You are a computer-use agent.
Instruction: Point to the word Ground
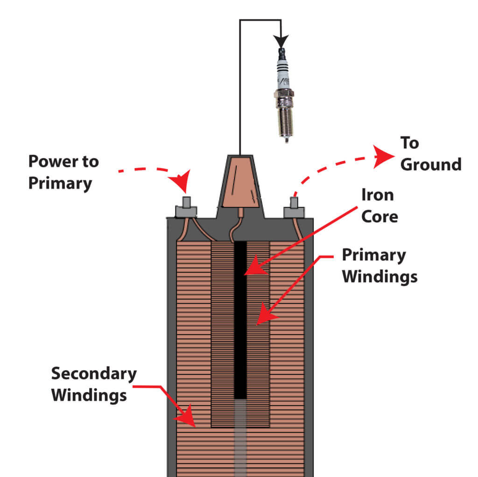pos(431,164)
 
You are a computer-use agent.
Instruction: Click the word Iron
pos(377,195)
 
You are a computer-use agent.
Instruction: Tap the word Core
pos(380,216)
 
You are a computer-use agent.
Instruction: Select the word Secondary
pos(94,374)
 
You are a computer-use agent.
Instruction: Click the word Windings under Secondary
pos(89,395)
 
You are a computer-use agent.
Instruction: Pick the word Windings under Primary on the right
pos(380,276)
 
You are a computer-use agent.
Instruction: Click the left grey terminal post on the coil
pos(186,208)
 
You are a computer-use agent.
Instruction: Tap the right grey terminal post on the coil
pos(294,208)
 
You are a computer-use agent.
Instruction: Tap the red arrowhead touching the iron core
pos(252,268)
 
